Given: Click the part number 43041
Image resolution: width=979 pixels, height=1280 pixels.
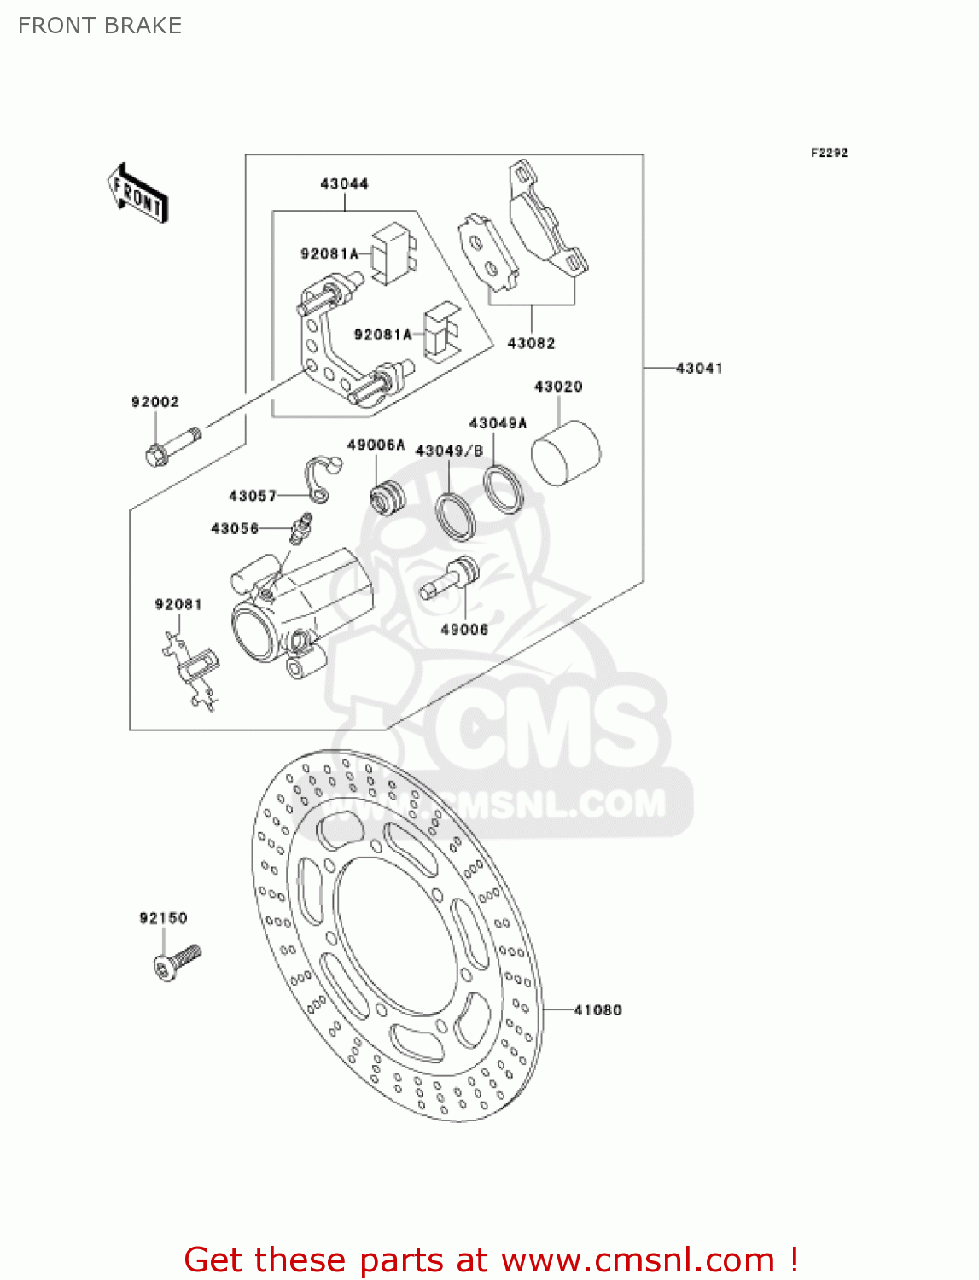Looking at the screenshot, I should tap(699, 369).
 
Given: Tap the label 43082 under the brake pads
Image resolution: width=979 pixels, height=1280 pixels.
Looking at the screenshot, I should tap(531, 343).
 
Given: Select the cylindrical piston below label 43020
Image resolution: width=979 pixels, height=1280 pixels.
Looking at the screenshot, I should tap(565, 452).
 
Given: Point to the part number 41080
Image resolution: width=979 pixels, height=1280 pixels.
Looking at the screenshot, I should tap(597, 1010).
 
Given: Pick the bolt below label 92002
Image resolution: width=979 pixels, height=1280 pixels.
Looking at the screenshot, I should tap(173, 446).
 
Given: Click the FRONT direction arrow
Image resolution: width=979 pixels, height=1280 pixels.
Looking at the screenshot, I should tap(137, 193).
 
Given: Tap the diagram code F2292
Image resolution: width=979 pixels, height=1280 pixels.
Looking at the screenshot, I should tap(829, 153).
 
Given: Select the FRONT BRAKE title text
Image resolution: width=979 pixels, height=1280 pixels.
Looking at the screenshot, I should tap(100, 26).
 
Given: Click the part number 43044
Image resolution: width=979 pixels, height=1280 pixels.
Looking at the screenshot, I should tap(344, 183).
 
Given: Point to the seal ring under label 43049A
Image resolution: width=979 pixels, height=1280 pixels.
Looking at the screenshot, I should tap(503, 488).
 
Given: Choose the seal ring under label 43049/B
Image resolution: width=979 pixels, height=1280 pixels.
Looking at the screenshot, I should tap(456, 516).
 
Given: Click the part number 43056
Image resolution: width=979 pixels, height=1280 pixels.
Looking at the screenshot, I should tap(235, 529).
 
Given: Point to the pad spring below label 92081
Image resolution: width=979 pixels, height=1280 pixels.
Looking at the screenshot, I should tap(193, 670).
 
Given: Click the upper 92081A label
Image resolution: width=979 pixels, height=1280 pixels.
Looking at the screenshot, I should tap(329, 254).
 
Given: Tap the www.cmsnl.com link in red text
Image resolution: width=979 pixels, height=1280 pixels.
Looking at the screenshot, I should tap(638, 1260).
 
